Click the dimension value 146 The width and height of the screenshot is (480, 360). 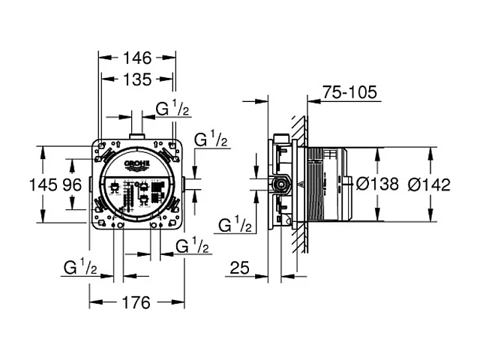(x=138, y=58)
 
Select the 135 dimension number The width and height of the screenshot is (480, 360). (x=138, y=79)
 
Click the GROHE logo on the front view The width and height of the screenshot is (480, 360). (x=138, y=165)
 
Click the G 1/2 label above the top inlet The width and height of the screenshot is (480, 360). (x=172, y=109)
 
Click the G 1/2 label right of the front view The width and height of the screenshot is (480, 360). (x=212, y=139)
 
